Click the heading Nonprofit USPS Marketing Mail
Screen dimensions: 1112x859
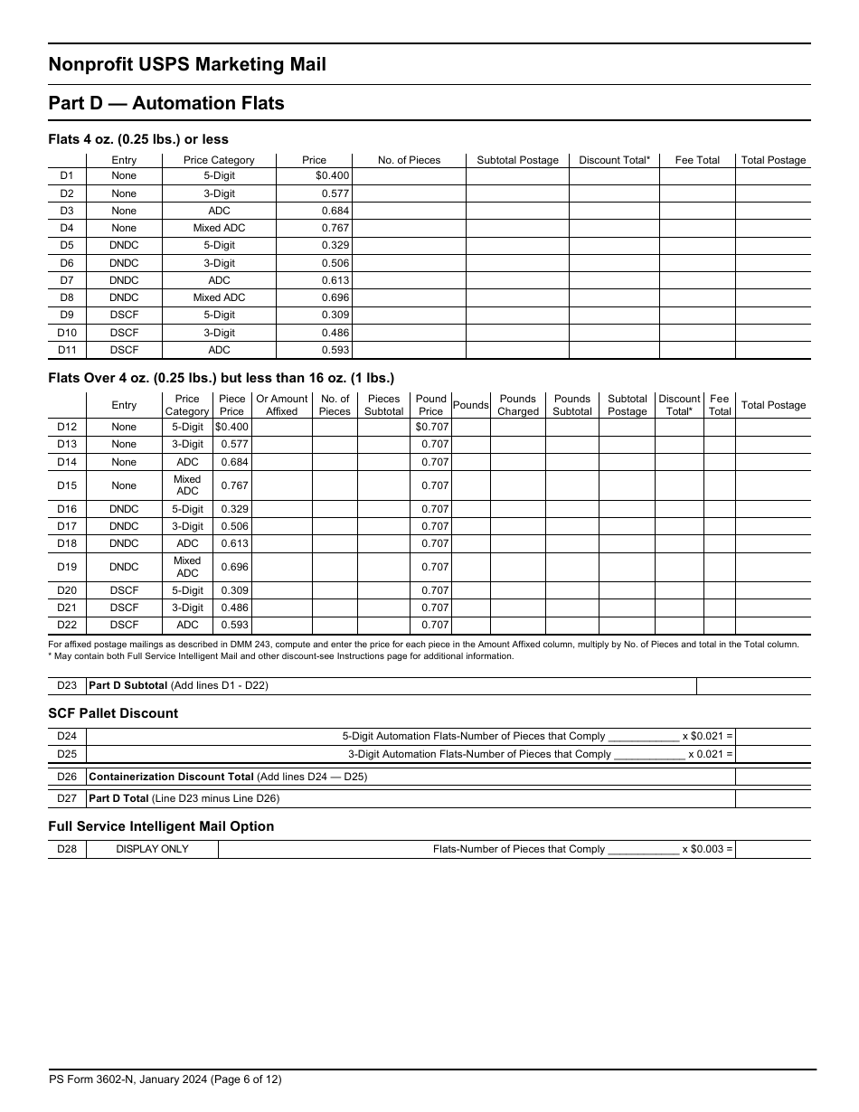click(x=187, y=64)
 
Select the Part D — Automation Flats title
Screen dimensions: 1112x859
click(x=166, y=103)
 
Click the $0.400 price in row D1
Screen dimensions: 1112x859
click(x=331, y=176)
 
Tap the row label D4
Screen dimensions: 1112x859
click(x=67, y=228)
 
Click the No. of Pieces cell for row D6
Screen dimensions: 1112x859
click(x=409, y=263)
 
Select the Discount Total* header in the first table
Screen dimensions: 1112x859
click(x=614, y=160)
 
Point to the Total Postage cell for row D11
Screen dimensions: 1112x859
click(x=772, y=350)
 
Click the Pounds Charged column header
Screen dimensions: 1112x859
click(x=517, y=405)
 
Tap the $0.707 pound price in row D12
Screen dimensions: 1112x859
click(x=431, y=427)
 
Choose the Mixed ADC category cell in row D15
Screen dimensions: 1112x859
click(x=187, y=485)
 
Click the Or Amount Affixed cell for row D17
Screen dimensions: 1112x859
click(x=281, y=526)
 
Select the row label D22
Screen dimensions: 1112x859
click(x=67, y=625)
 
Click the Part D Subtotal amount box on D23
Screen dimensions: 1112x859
click(x=753, y=685)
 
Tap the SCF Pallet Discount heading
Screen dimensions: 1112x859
click(x=113, y=713)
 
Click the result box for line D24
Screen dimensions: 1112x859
click(x=772, y=737)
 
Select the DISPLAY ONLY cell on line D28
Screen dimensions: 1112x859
click(x=152, y=849)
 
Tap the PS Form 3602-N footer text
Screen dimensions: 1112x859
click(x=171, y=1079)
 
